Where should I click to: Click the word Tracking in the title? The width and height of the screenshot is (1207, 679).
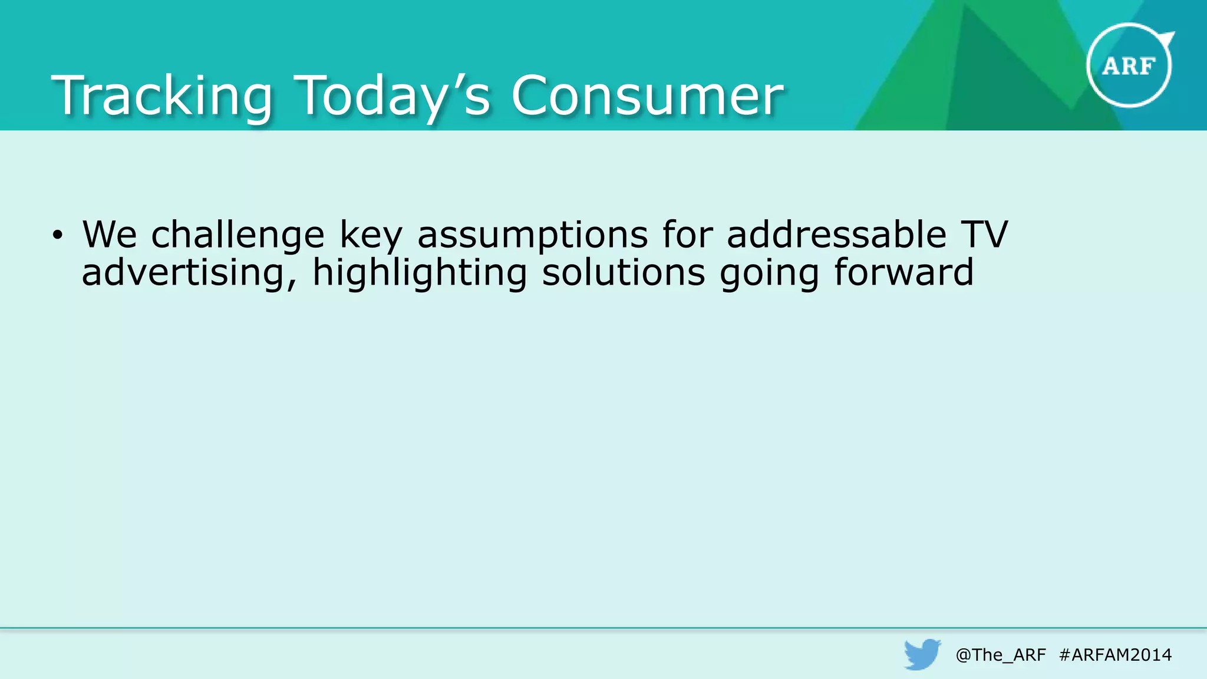point(162,96)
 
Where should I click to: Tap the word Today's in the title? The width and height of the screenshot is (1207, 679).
point(392,96)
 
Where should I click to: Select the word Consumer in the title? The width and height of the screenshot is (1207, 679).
point(647,96)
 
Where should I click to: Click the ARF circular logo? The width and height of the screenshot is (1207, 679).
point(1129,65)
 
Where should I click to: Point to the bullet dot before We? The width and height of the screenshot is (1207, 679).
point(57,236)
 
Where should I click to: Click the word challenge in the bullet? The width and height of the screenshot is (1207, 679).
point(238,235)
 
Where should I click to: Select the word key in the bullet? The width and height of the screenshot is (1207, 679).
point(371,235)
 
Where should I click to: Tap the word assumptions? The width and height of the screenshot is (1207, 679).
point(533,235)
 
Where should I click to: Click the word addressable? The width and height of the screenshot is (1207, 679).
point(836,235)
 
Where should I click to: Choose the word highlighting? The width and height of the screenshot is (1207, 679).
point(419,273)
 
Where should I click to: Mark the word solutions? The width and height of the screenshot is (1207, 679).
point(623,273)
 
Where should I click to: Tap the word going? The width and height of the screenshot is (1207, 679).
point(769,273)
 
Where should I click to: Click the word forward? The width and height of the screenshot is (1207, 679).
point(903,273)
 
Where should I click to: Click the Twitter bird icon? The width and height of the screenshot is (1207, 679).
point(922,654)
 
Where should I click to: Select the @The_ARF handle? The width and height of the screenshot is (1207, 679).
point(1001,655)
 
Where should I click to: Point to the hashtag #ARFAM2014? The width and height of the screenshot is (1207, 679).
point(1115,655)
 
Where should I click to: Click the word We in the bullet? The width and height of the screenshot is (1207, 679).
point(110,235)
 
